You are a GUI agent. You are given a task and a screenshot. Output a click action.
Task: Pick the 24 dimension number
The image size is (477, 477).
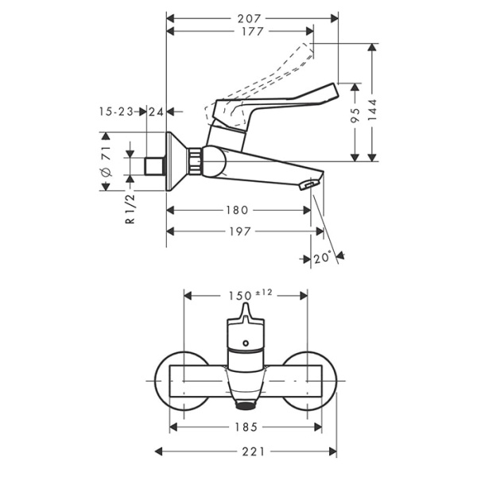coord(156,112)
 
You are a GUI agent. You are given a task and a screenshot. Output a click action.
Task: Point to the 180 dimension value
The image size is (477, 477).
coord(238,211)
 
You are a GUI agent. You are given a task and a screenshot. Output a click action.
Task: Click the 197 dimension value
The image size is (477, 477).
coord(238,231)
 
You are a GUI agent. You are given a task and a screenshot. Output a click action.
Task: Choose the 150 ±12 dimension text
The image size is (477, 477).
coord(250,294)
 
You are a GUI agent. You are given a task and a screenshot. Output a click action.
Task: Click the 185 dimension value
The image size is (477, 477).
coord(246,428)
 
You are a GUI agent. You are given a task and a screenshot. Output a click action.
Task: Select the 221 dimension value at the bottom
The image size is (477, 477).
coord(246,451)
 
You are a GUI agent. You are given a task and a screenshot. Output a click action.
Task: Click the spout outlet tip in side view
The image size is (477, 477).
coord(308,185)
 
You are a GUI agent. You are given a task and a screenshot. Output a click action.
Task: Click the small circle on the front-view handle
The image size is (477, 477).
coord(246,345)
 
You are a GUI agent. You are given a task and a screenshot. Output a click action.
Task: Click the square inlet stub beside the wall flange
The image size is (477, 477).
coord(156,165)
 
